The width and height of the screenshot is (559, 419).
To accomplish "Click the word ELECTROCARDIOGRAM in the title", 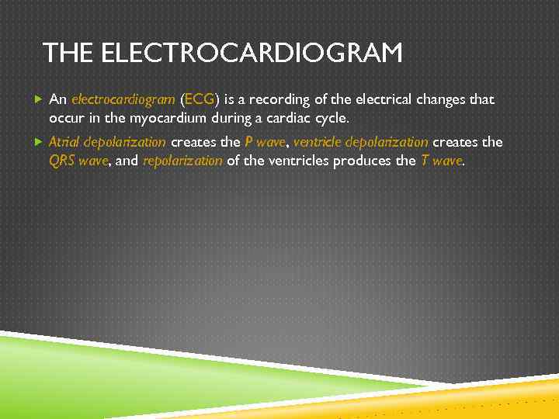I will pyautogui.click(x=252, y=54).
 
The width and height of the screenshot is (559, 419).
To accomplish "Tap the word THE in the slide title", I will pyautogui.click(x=69, y=54).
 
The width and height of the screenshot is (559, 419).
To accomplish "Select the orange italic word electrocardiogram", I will pyautogui.click(x=123, y=100).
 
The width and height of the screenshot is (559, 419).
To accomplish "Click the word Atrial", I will pyautogui.click(x=64, y=142).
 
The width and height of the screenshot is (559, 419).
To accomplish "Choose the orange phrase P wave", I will pyautogui.click(x=265, y=142).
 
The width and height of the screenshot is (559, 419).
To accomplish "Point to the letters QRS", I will pyautogui.click(x=62, y=161).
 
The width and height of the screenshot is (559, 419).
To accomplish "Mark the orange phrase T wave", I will pyautogui.click(x=442, y=161).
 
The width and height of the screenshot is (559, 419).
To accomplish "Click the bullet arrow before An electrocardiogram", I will pyautogui.click(x=39, y=100).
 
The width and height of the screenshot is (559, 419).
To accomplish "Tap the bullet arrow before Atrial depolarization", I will pyautogui.click(x=39, y=142).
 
